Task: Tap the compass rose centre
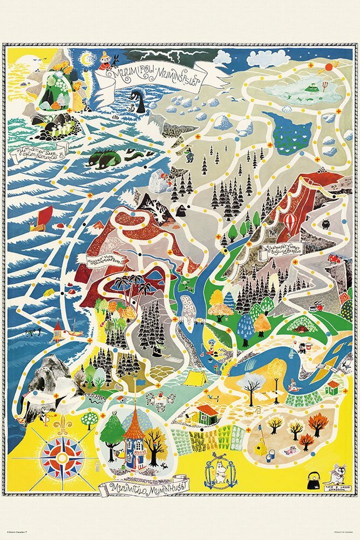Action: (63, 458)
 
